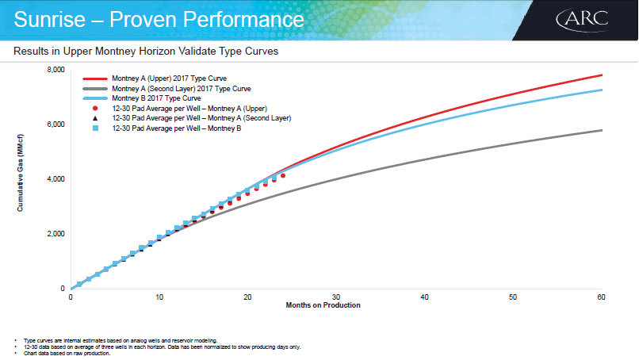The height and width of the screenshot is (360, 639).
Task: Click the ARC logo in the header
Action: click(x=583, y=20)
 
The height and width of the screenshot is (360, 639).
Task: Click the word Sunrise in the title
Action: click(x=49, y=19)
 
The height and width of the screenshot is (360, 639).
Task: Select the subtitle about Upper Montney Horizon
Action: click(x=146, y=52)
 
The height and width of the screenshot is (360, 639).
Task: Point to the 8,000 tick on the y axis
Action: click(x=55, y=70)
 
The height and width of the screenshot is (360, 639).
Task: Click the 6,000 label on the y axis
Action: click(x=55, y=124)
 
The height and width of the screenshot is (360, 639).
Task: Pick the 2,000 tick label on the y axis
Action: click(x=55, y=234)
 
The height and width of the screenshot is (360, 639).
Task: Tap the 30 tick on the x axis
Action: click(x=336, y=297)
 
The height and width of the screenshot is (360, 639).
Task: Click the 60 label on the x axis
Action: click(x=601, y=297)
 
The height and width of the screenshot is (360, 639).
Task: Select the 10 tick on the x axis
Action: click(x=159, y=297)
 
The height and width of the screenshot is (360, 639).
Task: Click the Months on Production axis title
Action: click(x=323, y=305)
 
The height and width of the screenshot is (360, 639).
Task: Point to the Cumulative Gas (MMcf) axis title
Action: click(x=20, y=173)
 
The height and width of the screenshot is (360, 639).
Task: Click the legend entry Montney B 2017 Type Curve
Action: click(x=156, y=98)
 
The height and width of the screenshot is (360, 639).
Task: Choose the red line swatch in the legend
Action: click(x=95, y=79)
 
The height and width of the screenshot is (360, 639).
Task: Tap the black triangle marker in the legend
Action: click(x=95, y=118)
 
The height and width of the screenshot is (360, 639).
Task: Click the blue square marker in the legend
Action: click(x=95, y=128)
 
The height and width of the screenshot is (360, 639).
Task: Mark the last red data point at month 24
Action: click(x=283, y=176)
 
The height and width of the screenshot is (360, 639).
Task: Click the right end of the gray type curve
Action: click(x=602, y=130)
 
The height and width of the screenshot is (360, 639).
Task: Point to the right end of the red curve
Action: click(x=602, y=75)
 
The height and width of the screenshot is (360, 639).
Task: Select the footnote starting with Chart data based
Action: click(x=67, y=354)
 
